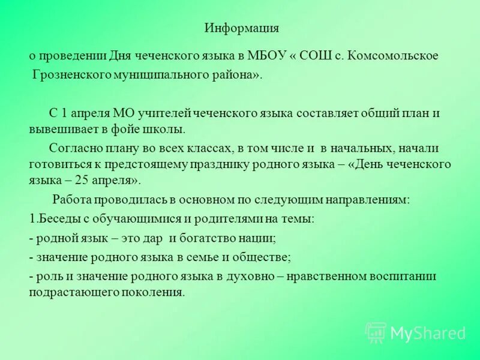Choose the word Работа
click(x=71, y=200)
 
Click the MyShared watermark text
click(x=428, y=334)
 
